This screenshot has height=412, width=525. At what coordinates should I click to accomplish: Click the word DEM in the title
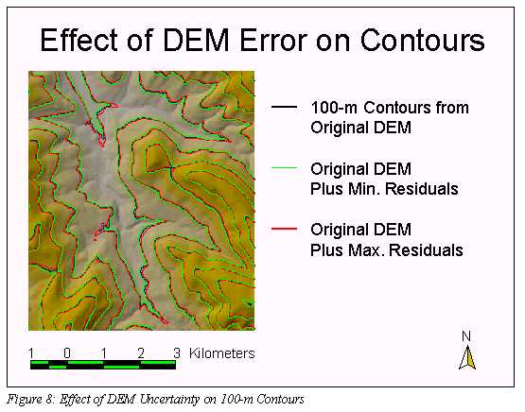point(196,40)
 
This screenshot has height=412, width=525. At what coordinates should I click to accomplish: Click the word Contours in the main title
point(422,40)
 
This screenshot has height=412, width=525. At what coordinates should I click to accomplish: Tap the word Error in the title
point(273,40)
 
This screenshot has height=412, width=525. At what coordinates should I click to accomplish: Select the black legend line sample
point(284,107)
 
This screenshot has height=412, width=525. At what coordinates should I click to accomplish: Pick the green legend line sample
point(284,167)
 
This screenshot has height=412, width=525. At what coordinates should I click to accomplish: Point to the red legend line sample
point(284,229)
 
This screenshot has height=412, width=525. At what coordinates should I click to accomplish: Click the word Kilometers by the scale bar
point(222,353)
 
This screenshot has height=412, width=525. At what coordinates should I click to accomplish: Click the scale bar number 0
point(67,353)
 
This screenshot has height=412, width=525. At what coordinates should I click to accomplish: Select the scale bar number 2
point(141,353)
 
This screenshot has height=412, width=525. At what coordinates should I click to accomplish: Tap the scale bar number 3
point(177,353)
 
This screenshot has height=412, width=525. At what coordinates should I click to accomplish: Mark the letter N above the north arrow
point(466,336)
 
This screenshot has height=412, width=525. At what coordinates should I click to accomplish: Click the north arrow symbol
point(467,357)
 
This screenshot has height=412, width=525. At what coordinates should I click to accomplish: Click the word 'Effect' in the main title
point(79,40)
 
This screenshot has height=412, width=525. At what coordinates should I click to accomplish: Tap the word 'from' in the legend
point(452,108)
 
